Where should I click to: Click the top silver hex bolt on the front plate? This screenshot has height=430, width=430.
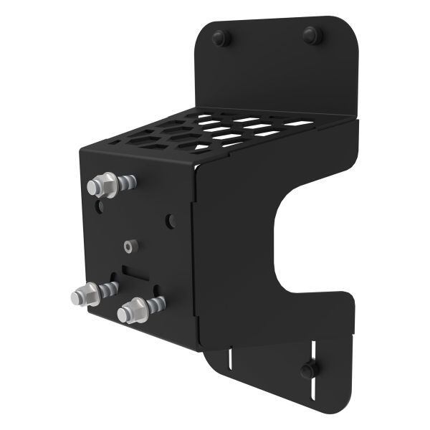pos(102,186)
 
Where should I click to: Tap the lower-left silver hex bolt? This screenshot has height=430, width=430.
pos(87,295)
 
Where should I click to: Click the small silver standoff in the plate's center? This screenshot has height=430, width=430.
pos(128,246)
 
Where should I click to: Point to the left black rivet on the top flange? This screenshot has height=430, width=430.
pos(222,38)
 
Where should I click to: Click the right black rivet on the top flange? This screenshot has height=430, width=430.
pos(312,34)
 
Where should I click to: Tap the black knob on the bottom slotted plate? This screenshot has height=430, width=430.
pos(309,369)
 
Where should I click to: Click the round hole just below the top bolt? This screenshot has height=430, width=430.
pos(102,208)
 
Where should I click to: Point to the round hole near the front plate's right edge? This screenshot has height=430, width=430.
pos(171,221)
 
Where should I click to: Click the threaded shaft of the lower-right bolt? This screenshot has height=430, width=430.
pos(155,305)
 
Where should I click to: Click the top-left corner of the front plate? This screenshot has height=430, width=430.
pos(82,150)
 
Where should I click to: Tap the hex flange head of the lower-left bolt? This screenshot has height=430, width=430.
pos(85,295)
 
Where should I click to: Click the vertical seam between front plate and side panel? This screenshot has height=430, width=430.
pos(194,258)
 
